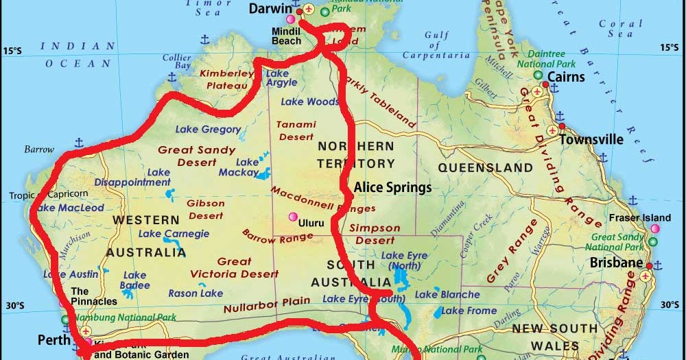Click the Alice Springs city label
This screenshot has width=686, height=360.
(392, 187)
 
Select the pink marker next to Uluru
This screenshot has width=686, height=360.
(294, 217)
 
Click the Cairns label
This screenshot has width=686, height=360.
(566, 76)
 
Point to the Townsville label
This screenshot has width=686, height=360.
(591, 140)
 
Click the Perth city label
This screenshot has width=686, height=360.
(54, 339)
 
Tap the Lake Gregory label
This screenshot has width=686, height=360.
(208, 129)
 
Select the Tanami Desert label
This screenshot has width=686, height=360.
(296, 130)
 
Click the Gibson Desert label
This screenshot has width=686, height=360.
(206, 209)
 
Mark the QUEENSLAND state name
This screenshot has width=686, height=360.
(485, 168)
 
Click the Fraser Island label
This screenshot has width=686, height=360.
(639, 218)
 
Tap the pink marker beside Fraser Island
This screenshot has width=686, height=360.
(655, 228)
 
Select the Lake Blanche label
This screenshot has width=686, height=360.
(447, 294)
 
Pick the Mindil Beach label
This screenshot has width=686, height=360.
(286, 36)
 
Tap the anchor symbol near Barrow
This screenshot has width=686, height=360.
(78, 142)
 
